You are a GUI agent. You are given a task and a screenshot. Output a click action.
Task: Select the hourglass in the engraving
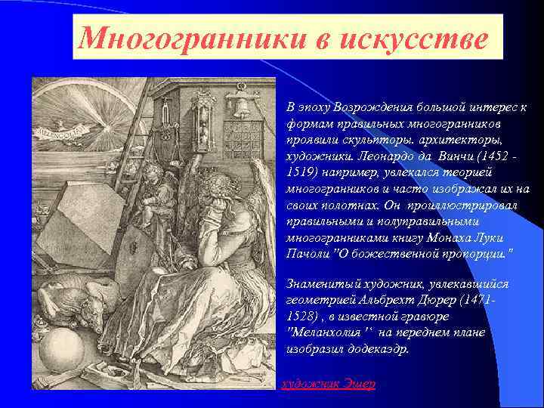(203, 113)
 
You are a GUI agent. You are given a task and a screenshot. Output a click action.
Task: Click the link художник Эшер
(328, 383)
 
